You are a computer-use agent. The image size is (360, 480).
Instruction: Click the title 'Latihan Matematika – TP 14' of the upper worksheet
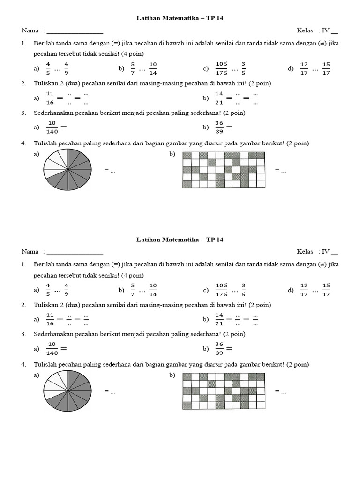[180, 18]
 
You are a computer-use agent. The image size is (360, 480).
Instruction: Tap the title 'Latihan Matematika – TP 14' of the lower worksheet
[180, 240]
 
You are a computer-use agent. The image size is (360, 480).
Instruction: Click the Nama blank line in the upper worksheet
[75, 31]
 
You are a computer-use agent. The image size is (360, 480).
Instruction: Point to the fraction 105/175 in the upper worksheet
[221, 68]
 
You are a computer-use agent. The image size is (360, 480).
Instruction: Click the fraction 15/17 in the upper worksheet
[326, 68]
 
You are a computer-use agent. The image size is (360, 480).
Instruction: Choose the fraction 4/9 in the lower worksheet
[67, 290]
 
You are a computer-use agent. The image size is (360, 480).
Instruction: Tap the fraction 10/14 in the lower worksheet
[153, 290]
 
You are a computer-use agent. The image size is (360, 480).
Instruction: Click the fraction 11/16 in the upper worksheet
[50, 97]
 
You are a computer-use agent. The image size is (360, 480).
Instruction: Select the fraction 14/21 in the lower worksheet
[219, 319]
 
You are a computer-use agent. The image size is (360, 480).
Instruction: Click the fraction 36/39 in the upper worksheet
[219, 127]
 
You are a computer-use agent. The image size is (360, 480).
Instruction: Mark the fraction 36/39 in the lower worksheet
[219, 349]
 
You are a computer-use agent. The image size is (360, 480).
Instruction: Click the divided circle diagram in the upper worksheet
[67, 170]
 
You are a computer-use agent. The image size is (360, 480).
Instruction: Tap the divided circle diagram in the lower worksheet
[67, 391]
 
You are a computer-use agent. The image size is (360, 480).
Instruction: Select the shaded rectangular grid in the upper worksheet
[224, 170]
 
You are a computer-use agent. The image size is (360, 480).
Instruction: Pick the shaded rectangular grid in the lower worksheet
[224, 391]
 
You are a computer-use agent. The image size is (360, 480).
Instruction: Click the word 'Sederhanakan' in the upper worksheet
[52, 113]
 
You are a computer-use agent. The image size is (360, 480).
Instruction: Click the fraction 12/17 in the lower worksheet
[304, 290]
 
